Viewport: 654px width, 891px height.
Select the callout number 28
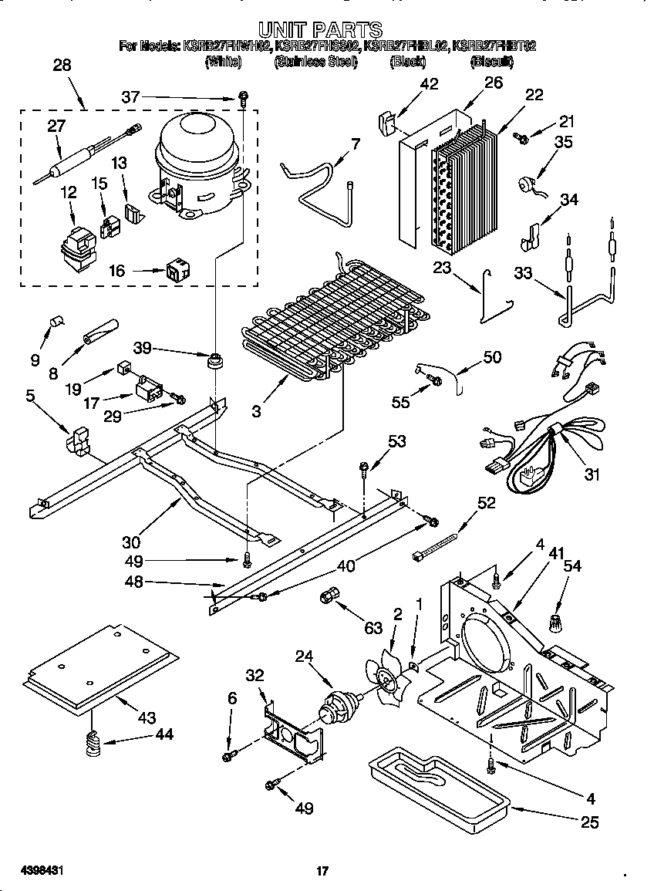click(62, 66)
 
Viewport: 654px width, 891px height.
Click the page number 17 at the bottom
click(323, 871)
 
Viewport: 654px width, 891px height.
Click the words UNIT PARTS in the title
click(320, 30)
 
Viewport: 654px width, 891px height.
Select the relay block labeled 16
click(177, 272)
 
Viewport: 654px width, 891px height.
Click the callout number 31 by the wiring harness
click(591, 475)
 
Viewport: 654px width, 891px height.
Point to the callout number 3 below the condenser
click(256, 410)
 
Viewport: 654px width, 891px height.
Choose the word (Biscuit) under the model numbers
click(491, 62)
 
